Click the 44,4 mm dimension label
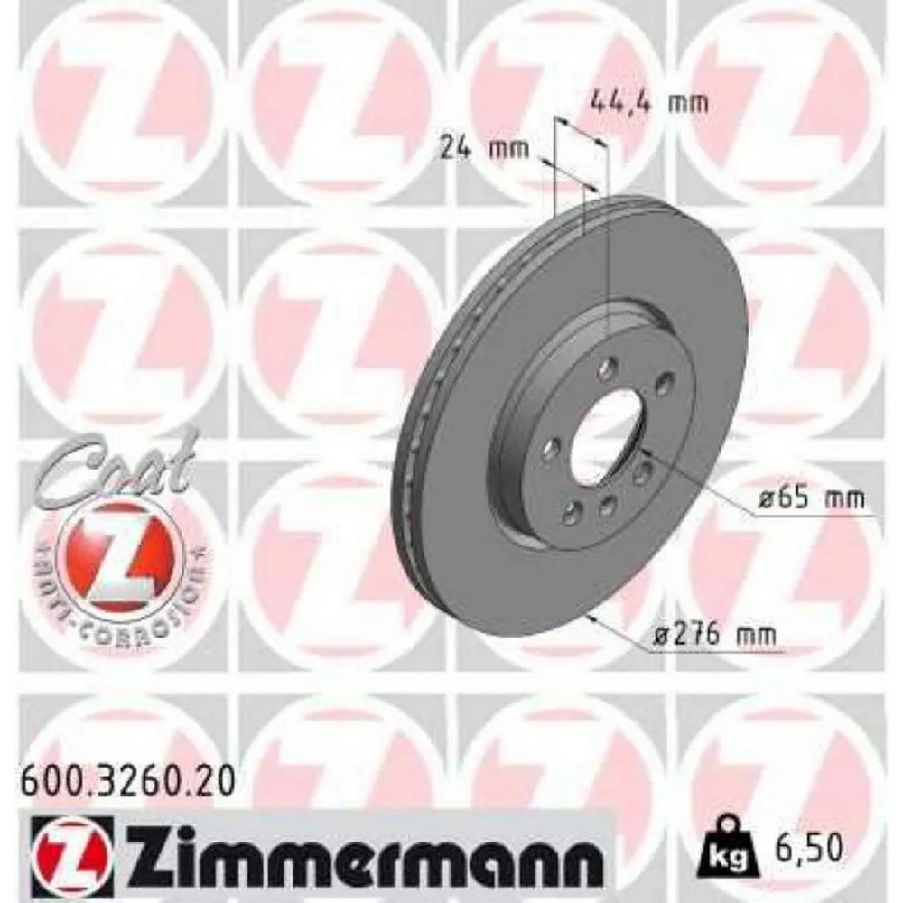(648, 101)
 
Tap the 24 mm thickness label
(485, 146)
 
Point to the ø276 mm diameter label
(709, 636)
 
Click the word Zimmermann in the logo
(361, 853)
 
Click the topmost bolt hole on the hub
(608, 365)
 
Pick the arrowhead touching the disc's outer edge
(591, 616)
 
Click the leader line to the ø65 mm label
(704, 488)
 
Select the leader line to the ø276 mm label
(623, 632)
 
